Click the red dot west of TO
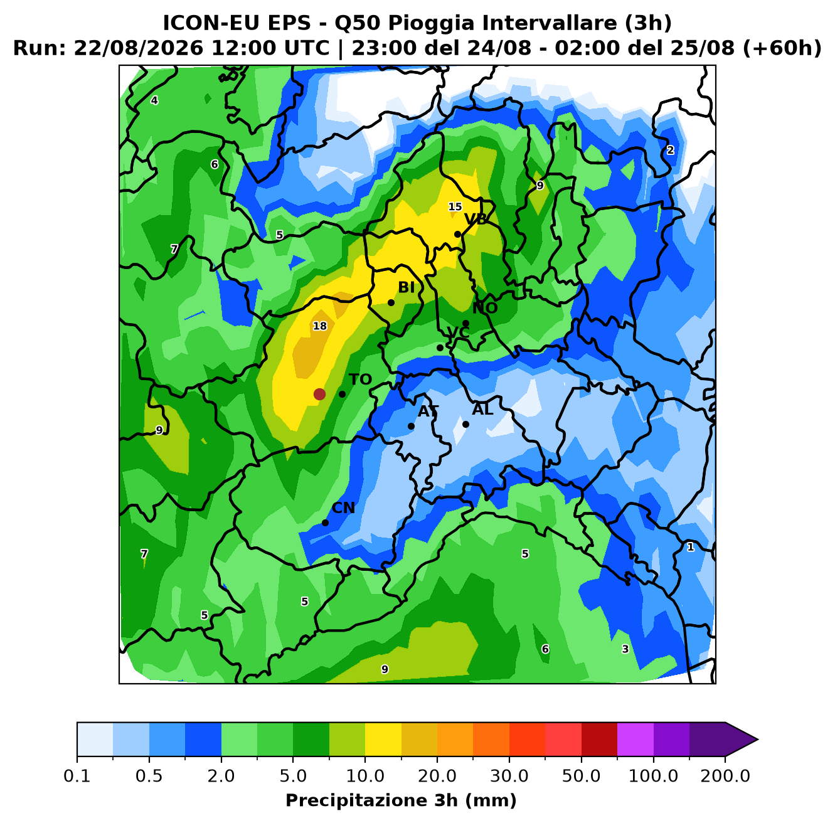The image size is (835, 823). click(x=319, y=394)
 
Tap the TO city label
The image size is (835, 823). click(x=361, y=380)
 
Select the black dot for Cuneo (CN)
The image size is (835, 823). click(x=325, y=523)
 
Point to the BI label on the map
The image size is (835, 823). click(x=406, y=287)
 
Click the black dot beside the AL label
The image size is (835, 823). click(x=465, y=424)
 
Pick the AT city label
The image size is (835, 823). click(x=428, y=411)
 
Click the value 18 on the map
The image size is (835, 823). click(x=320, y=326)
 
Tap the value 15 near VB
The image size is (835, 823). click(x=455, y=207)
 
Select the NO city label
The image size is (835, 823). click(x=485, y=308)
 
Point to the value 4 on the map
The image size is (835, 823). click(x=154, y=100)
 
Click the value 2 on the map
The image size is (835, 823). click(x=671, y=151)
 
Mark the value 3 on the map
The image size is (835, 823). click(x=625, y=649)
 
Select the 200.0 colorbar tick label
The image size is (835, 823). click(x=725, y=775)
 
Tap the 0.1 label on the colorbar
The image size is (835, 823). click(x=77, y=775)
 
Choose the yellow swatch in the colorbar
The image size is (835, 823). click(x=383, y=740)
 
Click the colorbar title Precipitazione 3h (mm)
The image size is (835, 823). click(x=401, y=800)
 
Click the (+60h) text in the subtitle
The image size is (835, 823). click(x=782, y=48)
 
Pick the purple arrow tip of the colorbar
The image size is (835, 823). click(x=757, y=740)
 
